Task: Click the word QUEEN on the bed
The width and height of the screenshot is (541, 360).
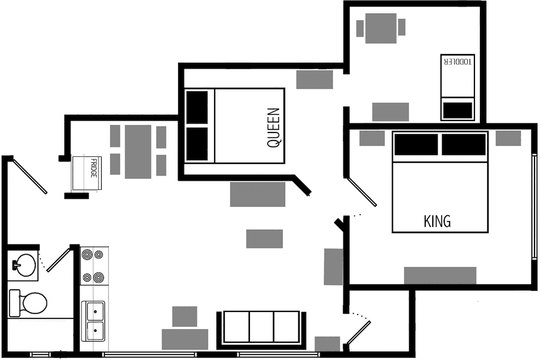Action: pyautogui.click(x=274, y=128)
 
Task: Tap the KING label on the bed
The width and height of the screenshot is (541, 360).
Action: pyautogui.click(x=437, y=221)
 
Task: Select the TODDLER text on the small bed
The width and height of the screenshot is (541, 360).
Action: pyautogui.click(x=458, y=62)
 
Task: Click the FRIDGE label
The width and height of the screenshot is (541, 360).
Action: pyautogui.click(x=93, y=168)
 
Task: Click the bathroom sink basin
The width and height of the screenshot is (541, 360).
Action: pyautogui.click(x=25, y=265)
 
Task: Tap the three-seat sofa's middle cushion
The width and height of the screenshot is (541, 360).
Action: pyautogui.click(x=261, y=327)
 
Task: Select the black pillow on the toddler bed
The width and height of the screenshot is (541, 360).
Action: pyautogui.click(x=458, y=110)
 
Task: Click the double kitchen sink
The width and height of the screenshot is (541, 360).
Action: pyautogui.click(x=93, y=321)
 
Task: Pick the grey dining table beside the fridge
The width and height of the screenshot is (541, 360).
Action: pyautogui.click(x=138, y=152)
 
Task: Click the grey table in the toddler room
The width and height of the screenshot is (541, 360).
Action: pyautogui.click(x=381, y=28)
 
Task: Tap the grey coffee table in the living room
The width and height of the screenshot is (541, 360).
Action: pyautogui.click(x=265, y=238)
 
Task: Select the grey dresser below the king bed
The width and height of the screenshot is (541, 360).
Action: pyautogui.click(x=440, y=276)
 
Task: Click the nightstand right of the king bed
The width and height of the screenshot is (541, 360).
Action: pyautogui.click(x=508, y=138)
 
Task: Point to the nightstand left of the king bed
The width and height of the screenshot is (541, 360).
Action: pyautogui.click(x=372, y=138)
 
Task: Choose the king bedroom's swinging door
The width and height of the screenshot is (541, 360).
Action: pyautogui.click(x=362, y=192)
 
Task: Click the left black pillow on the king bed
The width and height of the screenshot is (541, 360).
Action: pyautogui.click(x=416, y=144)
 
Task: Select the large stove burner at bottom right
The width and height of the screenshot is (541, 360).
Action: pyautogui.click(x=98, y=277)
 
